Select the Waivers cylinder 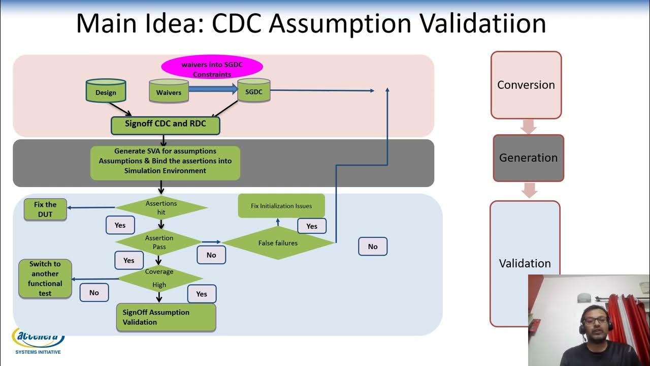point(169,91)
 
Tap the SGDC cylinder point(253,90)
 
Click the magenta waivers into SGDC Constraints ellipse point(212,69)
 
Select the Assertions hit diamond point(161,207)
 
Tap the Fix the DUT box point(45,209)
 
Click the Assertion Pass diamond point(159,242)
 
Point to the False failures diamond point(278,243)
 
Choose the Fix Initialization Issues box point(281,206)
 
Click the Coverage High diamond point(159,278)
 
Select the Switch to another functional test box point(45,279)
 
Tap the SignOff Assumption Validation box point(166,317)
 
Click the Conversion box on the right point(526,85)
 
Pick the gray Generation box point(528,158)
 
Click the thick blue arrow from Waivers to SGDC point(213,89)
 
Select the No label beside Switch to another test point(94,293)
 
